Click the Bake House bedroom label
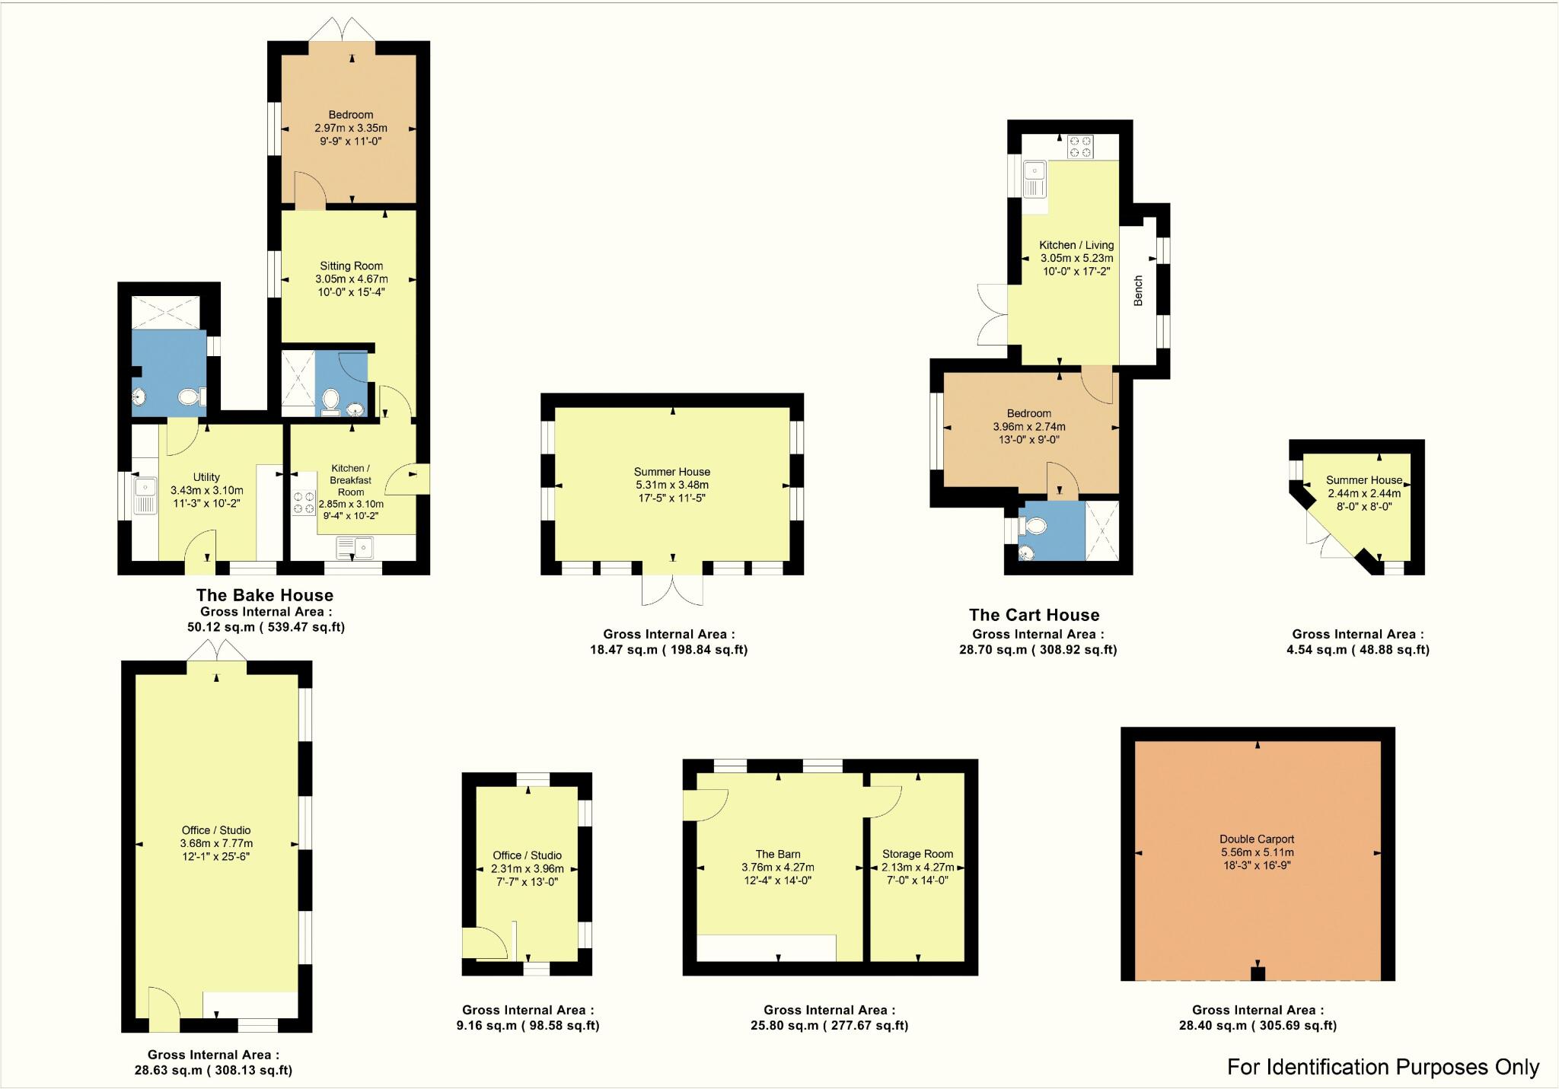(350, 116)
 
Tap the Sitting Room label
(351, 266)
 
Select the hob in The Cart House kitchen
(1079, 146)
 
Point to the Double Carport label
(1257, 839)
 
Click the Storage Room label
(917, 854)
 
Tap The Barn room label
(777, 854)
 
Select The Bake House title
(264, 595)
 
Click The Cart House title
(1034, 615)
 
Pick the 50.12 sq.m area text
(266, 627)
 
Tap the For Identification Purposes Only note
(1382, 1067)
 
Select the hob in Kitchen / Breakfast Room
(304, 503)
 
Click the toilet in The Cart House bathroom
(1036, 525)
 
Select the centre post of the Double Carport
(1258, 973)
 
